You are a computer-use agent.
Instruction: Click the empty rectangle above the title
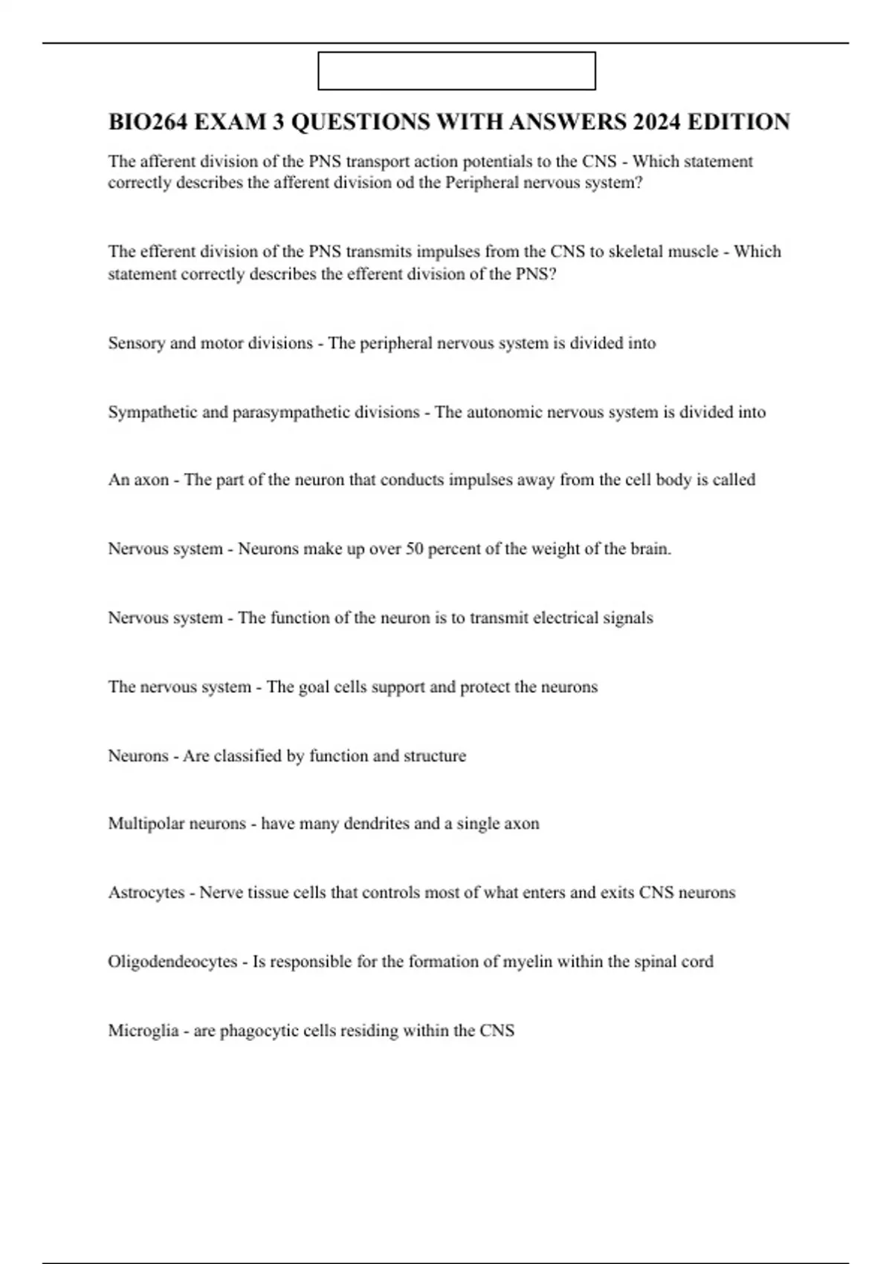[x=456, y=71]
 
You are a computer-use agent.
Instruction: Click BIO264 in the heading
[x=147, y=122]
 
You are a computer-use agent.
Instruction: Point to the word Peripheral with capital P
[x=482, y=183]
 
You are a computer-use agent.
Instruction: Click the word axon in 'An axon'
[x=152, y=480]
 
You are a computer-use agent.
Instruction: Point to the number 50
[x=415, y=549]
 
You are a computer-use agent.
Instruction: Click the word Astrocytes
[x=146, y=892]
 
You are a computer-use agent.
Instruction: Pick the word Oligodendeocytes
[x=172, y=961]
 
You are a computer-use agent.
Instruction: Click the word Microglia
[x=143, y=1031]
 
